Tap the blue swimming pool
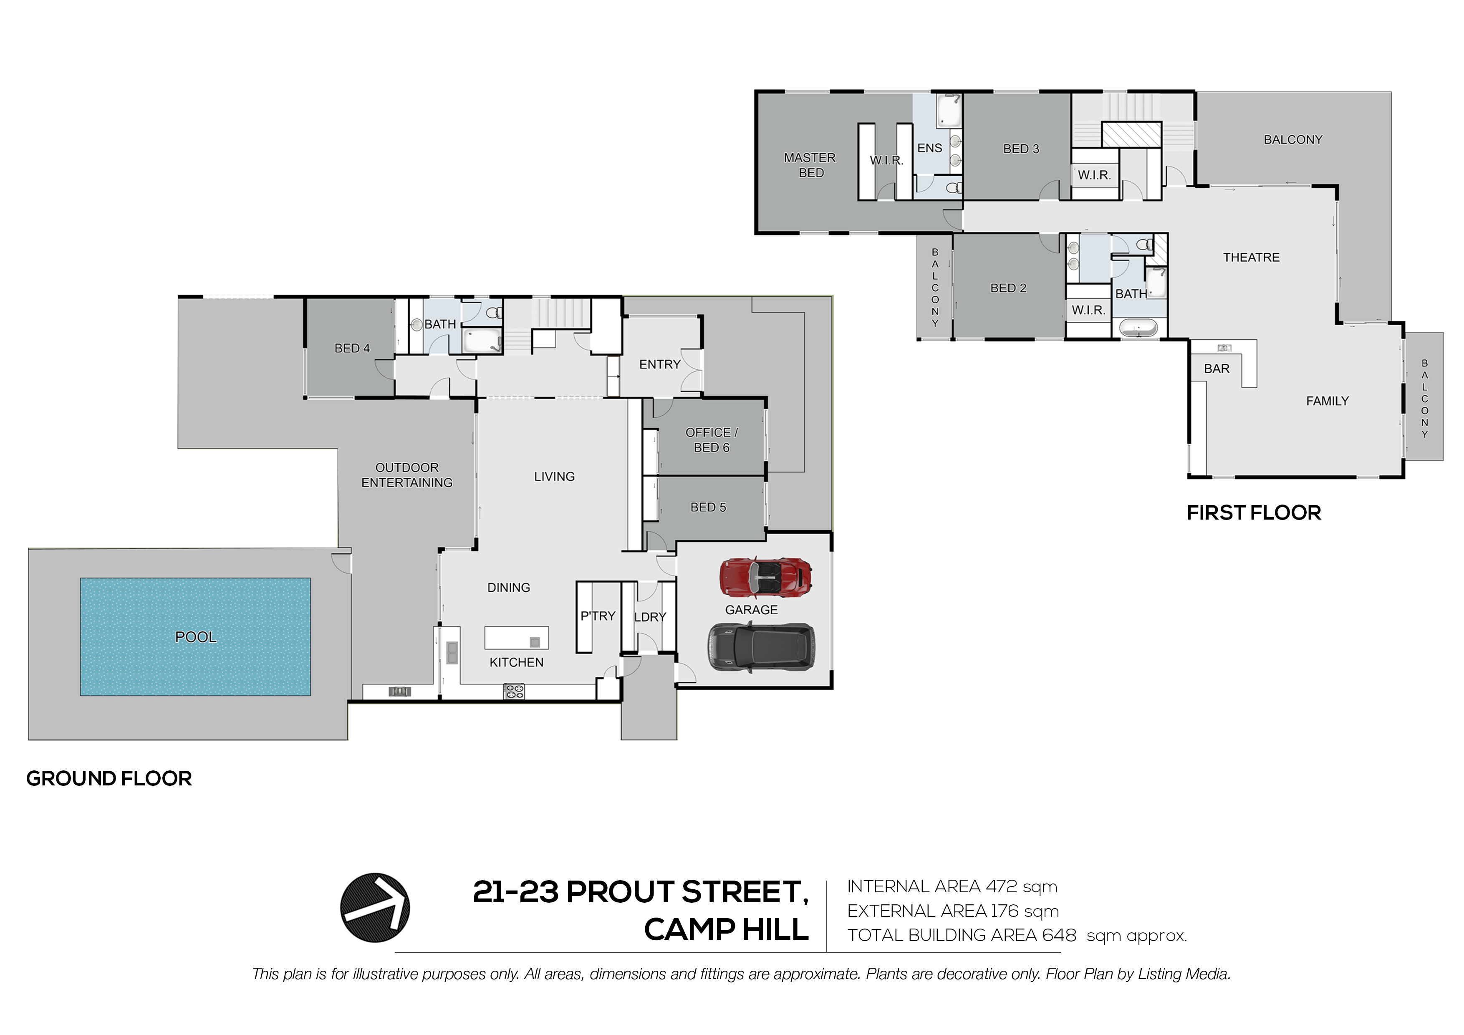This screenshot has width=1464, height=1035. pos(195,636)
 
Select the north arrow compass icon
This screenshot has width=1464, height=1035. pos(375,907)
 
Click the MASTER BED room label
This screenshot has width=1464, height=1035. pos(810,165)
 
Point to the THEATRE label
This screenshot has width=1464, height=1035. pos(1251,257)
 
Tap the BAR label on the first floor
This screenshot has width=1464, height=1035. pos(1217,369)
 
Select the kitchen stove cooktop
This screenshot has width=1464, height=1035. pos(514,691)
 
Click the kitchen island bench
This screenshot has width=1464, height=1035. pos(517,638)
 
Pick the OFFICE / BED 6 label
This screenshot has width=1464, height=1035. pos(712,440)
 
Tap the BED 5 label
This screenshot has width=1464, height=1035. pos(708,507)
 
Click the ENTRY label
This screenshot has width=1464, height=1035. pos(660,364)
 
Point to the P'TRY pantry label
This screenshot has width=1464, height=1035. pos(598,616)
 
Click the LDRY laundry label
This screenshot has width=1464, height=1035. pos(650,617)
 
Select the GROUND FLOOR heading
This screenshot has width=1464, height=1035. pos(109,779)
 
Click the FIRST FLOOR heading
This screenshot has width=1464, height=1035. pos(1254,513)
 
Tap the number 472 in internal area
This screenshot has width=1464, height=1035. pos(1001,886)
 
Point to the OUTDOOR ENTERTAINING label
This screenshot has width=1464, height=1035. pos(407,475)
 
